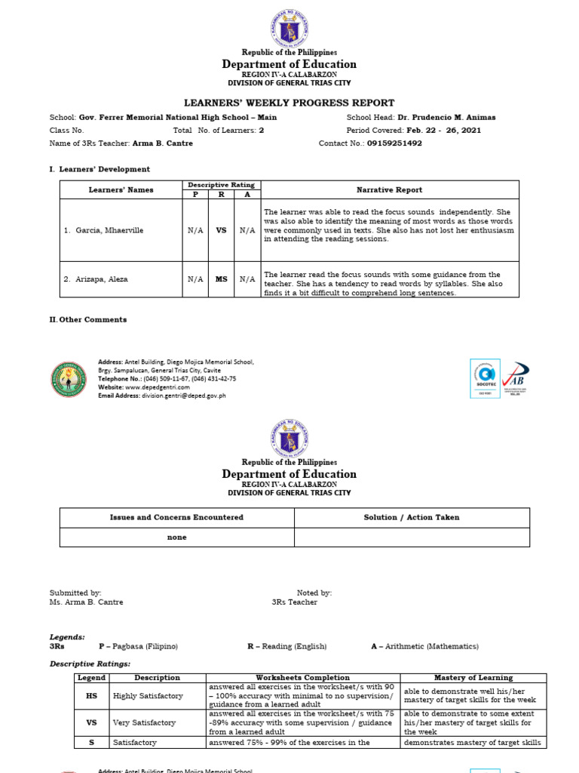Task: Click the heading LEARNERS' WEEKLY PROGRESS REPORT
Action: [x=289, y=103]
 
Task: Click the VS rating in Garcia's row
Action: [x=221, y=230]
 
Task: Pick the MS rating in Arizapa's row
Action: [x=221, y=279]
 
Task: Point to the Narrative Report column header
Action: [x=390, y=190]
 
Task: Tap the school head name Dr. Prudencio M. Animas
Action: [x=446, y=118]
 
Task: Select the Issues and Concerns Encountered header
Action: [x=176, y=518]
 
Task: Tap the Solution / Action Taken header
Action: [x=412, y=518]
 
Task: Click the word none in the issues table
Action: [x=176, y=537]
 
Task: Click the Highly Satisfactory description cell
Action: [x=145, y=697]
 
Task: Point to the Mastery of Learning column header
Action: [x=473, y=678]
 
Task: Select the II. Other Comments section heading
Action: [x=88, y=320]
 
